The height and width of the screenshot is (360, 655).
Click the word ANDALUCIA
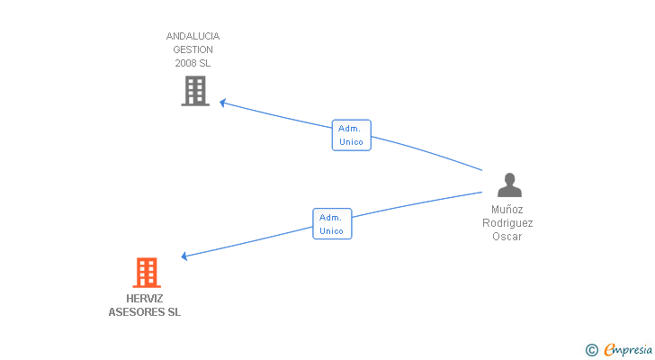[193, 37]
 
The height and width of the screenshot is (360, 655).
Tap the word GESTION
[193, 50]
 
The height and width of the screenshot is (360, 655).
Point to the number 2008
[185, 64]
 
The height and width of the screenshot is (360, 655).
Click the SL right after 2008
[205, 64]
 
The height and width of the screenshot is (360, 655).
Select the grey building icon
[195, 91]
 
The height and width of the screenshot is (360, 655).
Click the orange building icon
[147, 273]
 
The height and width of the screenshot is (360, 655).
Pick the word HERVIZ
[145, 299]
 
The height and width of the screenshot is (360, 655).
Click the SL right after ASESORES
[174, 312]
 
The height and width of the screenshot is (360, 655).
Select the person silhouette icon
[509, 185]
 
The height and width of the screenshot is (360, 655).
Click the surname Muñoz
[507, 209]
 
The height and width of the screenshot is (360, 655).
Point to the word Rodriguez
[507, 222]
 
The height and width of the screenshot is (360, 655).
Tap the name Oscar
[507, 237]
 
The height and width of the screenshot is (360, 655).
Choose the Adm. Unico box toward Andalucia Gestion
[351, 135]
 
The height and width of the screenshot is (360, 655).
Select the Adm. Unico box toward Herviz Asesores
[332, 224]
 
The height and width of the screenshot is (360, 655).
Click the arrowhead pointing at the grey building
[223, 103]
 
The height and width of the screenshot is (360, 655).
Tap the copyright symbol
[591, 349]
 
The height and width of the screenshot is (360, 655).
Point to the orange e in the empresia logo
[610, 350]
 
